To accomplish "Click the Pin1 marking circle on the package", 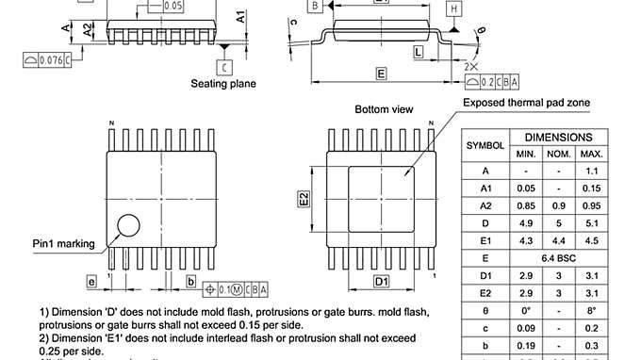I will tap(125, 225).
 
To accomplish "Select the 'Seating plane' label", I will tap(223, 84).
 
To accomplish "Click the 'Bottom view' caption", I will tap(384, 109).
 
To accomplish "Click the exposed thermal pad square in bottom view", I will tap(381, 199).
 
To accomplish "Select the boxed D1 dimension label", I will tap(382, 282).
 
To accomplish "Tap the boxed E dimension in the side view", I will tap(381, 74).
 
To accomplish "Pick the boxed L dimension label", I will tap(418, 53).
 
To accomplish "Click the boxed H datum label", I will tap(453, 8).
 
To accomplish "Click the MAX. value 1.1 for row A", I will tap(591, 171).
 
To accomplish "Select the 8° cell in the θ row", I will tap(591, 308).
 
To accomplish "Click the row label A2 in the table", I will tap(485, 205).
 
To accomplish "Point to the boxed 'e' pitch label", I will tap(91, 282).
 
